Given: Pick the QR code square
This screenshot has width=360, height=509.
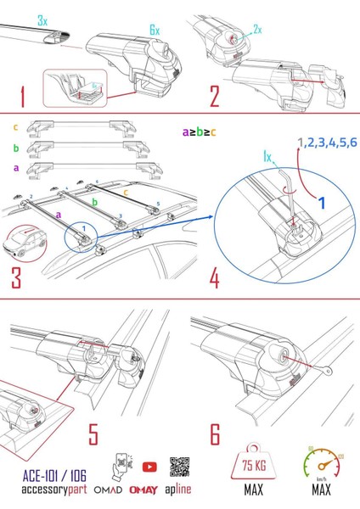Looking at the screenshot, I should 178,467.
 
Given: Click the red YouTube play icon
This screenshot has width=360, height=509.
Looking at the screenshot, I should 149,467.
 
